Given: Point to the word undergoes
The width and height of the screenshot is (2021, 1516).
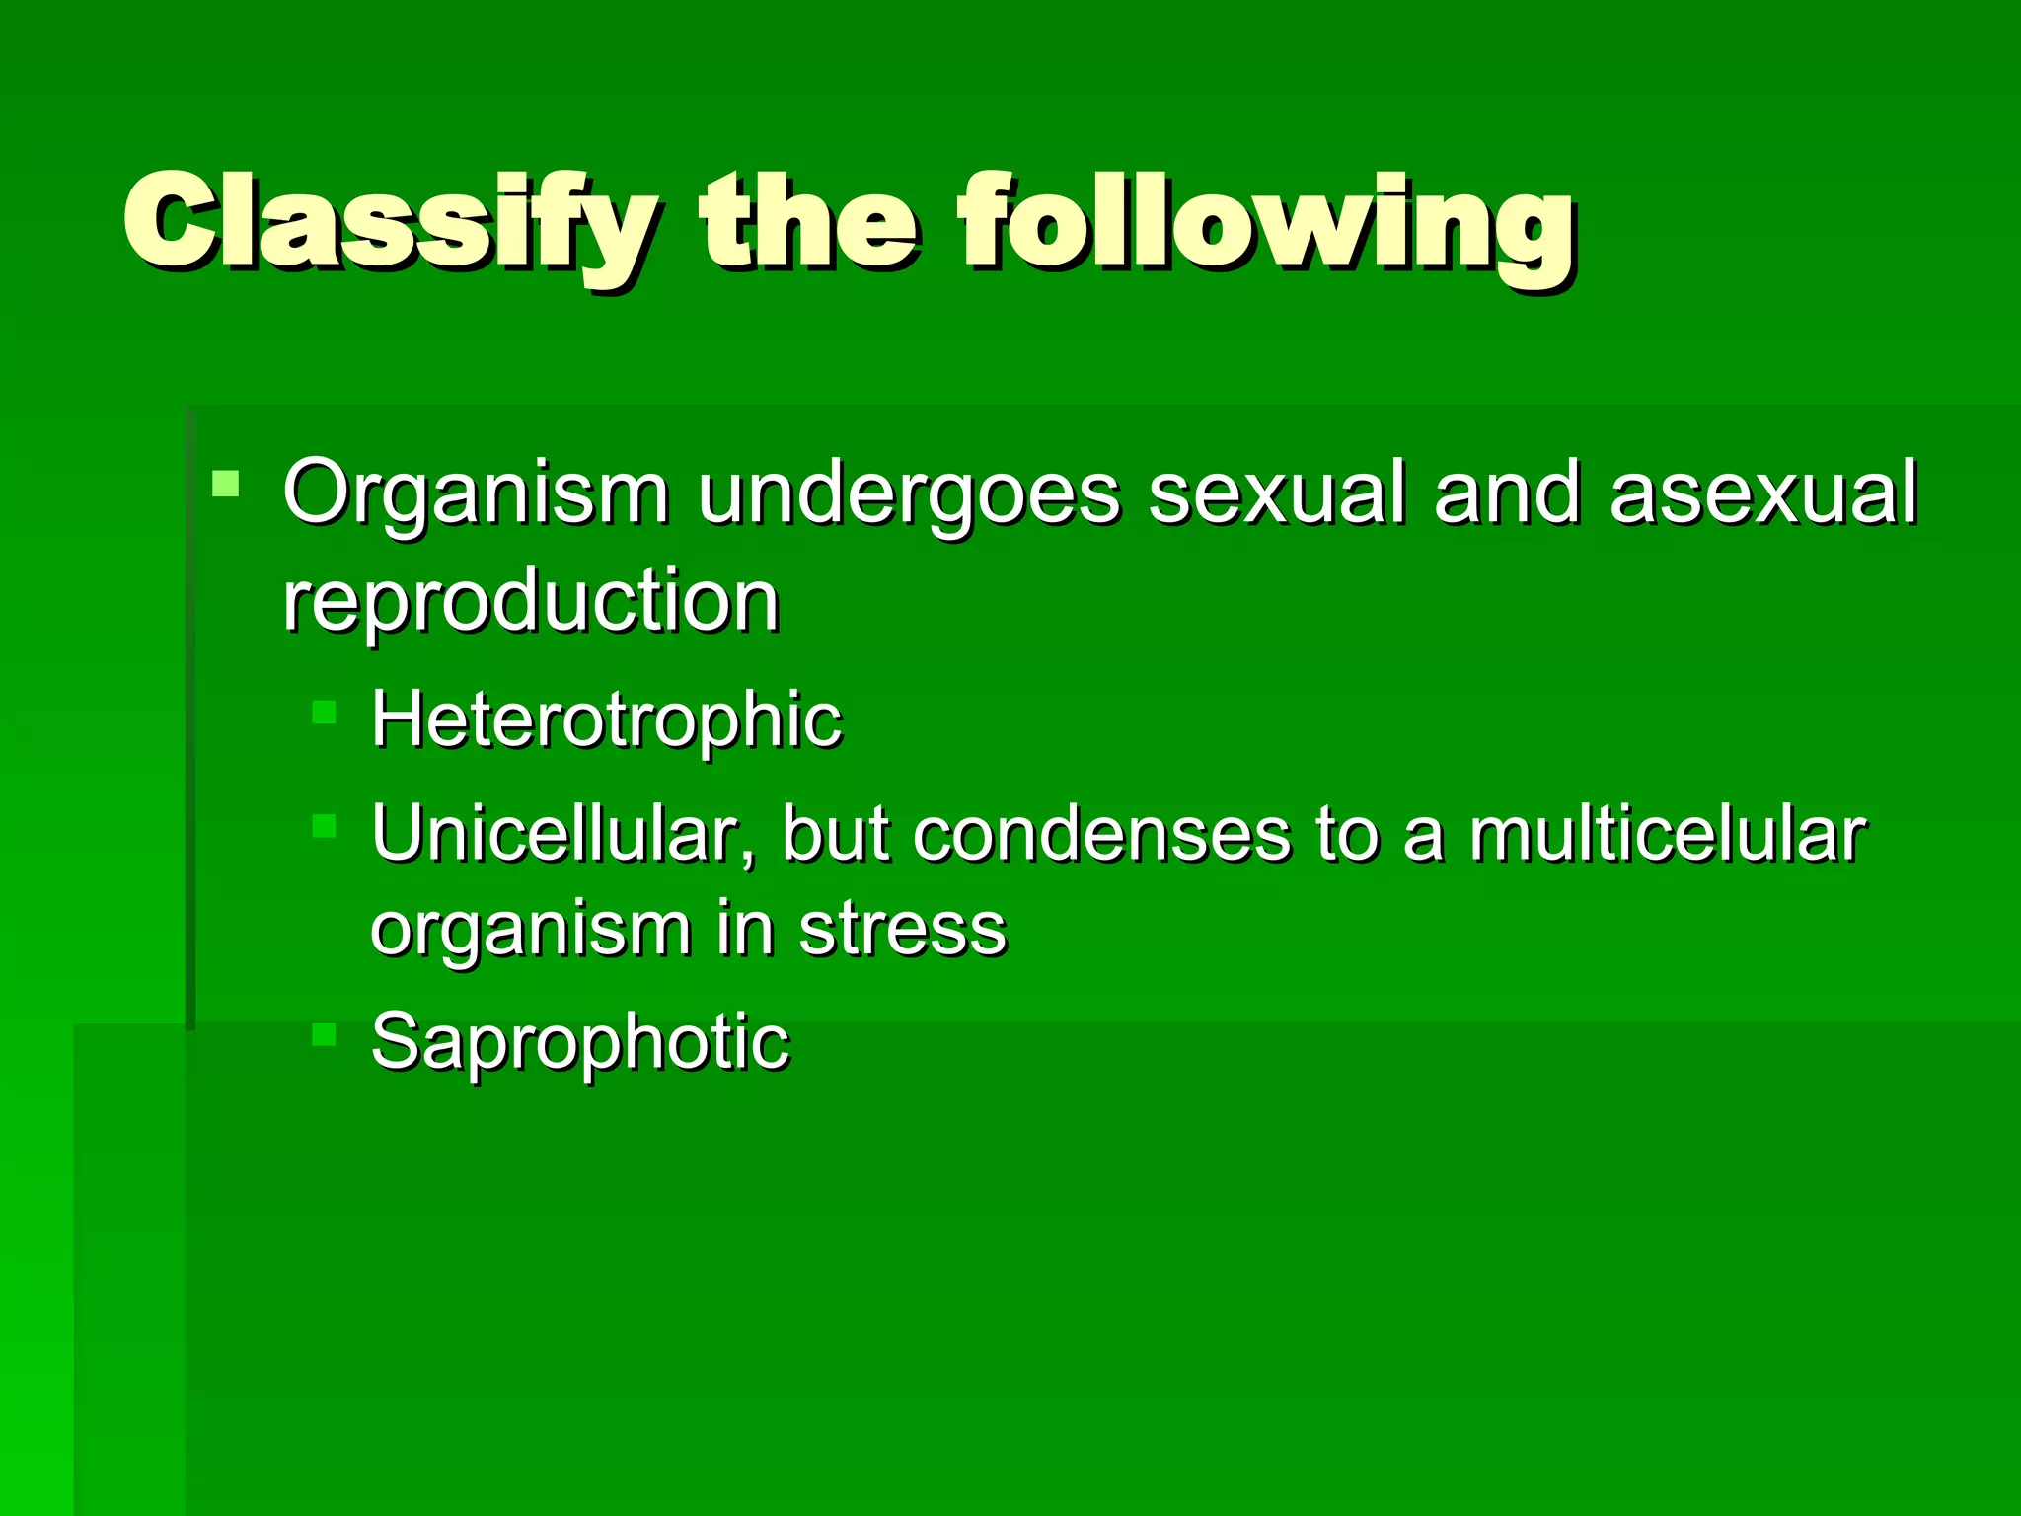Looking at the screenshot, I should [x=909, y=493].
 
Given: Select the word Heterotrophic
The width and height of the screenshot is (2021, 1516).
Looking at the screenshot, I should [x=606, y=720].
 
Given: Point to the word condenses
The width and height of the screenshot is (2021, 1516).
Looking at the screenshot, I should [x=1101, y=835].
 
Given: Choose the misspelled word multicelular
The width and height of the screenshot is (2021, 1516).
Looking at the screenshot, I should [x=1667, y=835].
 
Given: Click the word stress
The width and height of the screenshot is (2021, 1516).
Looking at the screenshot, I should [x=902, y=929].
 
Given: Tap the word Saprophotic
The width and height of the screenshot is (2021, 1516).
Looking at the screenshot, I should [x=580, y=1042].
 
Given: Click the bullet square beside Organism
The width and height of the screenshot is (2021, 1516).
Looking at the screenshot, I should [x=226, y=485].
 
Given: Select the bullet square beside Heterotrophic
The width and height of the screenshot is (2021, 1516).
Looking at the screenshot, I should [x=324, y=713].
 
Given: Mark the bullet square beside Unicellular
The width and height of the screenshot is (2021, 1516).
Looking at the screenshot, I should [x=324, y=826].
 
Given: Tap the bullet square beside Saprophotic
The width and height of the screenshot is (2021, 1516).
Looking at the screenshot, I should [x=324, y=1034].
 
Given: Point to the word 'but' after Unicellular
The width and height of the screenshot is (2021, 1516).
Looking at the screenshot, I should [x=836, y=835].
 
